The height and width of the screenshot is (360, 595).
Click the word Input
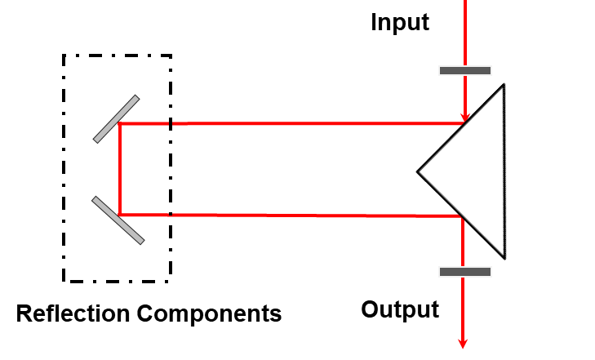coord(400,23)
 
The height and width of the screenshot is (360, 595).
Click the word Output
coord(400,309)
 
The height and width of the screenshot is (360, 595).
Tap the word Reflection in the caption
coord(73,313)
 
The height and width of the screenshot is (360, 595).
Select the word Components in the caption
coord(209,314)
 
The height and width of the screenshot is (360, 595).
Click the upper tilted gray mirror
coord(116,119)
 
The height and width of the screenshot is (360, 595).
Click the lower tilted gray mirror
coord(118,220)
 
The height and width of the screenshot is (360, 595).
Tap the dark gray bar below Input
coord(465,70)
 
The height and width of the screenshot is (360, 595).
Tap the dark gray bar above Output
coord(465,272)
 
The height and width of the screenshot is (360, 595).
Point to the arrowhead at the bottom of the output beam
coord(463,344)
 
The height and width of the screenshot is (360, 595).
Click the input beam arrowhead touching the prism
coord(465,118)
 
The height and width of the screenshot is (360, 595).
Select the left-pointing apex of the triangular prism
coord(417,172)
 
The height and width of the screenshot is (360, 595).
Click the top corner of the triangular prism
coord(504,84)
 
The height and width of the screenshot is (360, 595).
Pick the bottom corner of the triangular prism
coord(504,259)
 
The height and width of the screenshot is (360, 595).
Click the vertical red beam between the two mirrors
coord(120,169)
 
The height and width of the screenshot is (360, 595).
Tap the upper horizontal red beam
coord(292,123)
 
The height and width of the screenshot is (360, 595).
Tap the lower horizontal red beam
coord(291,216)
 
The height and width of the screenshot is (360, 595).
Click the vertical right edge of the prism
coord(504,171)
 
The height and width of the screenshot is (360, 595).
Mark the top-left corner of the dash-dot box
coord(64,56)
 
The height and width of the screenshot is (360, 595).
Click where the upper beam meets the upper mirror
coord(119,123)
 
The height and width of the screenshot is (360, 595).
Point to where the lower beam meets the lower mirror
coord(119,215)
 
